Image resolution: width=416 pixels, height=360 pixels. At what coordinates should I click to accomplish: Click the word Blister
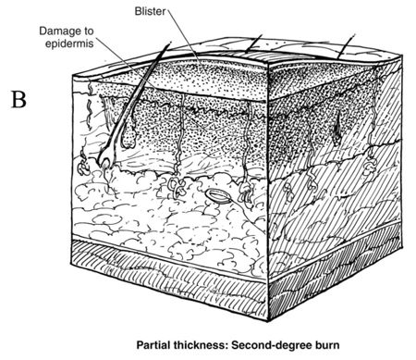[150, 12]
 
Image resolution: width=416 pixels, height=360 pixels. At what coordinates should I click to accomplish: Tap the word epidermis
[69, 43]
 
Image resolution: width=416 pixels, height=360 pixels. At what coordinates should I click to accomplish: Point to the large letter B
[18, 99]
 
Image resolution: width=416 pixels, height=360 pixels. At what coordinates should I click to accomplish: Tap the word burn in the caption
[327, 344]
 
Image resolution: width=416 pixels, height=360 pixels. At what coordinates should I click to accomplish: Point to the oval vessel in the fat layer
[218, 196]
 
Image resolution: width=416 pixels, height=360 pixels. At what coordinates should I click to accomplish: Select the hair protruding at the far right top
[347, 45]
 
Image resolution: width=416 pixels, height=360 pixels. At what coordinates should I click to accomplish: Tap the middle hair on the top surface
[253, 43]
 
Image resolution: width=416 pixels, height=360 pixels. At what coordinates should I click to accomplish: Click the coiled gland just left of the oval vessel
[176, 187]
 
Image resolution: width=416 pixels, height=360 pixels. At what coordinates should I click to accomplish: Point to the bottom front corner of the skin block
[267, 321]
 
